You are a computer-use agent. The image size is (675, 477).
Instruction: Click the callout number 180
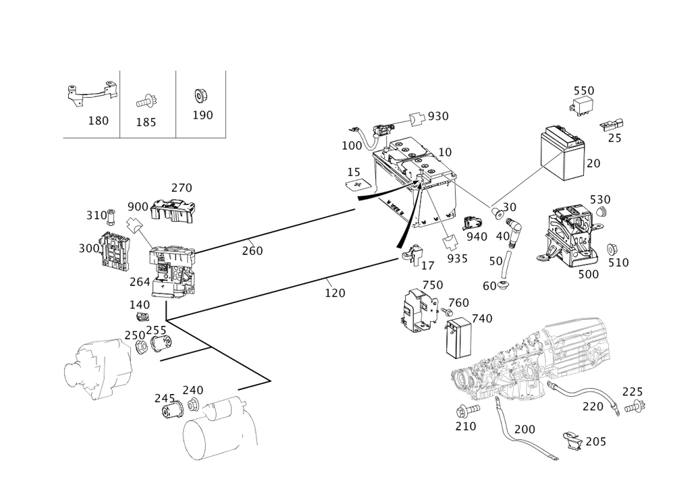coord(99,121)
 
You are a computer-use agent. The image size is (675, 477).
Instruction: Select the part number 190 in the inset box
coord(202,115)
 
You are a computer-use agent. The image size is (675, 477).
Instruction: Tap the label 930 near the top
coord(438,116)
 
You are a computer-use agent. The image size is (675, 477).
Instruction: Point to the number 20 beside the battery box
coord(594,164)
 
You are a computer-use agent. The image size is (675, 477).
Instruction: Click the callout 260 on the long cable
coord(252,251)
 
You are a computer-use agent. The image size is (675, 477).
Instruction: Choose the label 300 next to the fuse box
coord(88,249)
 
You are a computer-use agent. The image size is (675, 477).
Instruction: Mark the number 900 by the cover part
coord(138,206)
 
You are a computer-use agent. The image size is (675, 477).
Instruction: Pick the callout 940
coord(477,235)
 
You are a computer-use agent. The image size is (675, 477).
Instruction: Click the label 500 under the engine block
coord(588,275)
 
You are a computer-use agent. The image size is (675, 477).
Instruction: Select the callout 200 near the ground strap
coord(524,429)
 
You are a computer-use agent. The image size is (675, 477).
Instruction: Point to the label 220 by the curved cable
coord(594,406)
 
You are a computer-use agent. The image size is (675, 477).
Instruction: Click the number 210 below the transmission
coord(466,426)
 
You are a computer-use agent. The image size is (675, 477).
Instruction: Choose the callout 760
coord(458,304)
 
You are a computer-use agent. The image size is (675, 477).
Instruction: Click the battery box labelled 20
coord(563,155)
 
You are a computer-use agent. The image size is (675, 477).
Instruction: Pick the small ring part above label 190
coord(199,94)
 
